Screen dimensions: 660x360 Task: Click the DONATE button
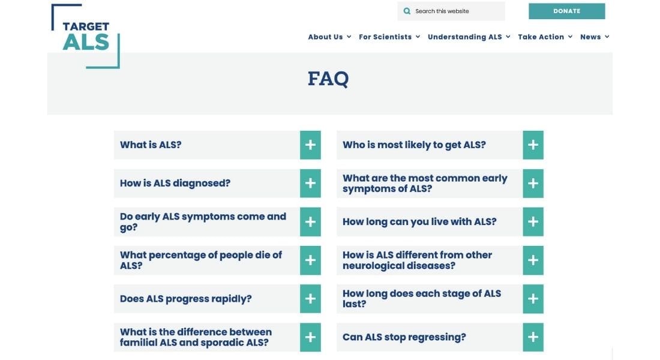[x=566, y=11]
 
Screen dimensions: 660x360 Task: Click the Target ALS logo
[x=86, y=36]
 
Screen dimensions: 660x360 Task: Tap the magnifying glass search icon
[x=407, y=11]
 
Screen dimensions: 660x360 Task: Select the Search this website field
[x=451, y=11]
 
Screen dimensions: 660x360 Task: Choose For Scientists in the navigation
[x=389, y=37]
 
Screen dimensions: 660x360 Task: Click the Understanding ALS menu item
[x=469, y=37]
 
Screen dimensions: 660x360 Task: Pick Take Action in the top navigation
[x=545, y=37]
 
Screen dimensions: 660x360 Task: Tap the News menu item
[x=595, y=37]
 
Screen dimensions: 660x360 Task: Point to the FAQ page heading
[x=328, y=79]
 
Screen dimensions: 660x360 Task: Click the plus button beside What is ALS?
[x=310, y=145]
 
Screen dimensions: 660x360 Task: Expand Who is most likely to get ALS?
[x=533, y=145]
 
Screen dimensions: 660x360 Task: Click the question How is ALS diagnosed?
[x=175, y=183]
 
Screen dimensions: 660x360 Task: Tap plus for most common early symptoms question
[x=533, y=184]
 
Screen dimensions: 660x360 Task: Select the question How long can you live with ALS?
[x=419, y=222]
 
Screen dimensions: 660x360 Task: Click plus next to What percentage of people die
[x=310, y=260]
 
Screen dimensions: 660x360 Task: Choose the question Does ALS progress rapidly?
[x=185, y=299]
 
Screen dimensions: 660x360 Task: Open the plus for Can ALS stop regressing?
[x=533, y=337]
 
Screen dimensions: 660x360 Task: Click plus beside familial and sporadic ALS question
[x=310, y=337]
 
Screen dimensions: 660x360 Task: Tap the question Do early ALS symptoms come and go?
[x=203, y=222]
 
